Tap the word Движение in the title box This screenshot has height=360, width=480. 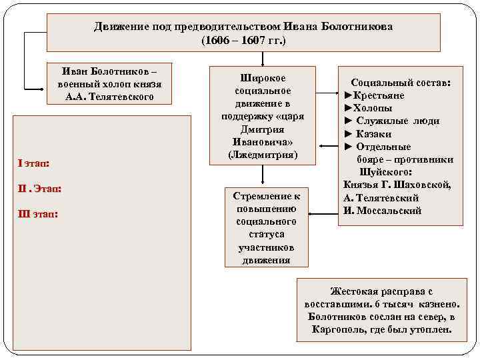point(121,27)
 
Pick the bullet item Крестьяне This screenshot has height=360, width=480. point(378,95)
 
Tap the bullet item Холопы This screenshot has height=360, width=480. point(372,108)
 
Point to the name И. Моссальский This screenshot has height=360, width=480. point(383,211)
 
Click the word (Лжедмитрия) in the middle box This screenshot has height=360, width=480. point(263,155)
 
